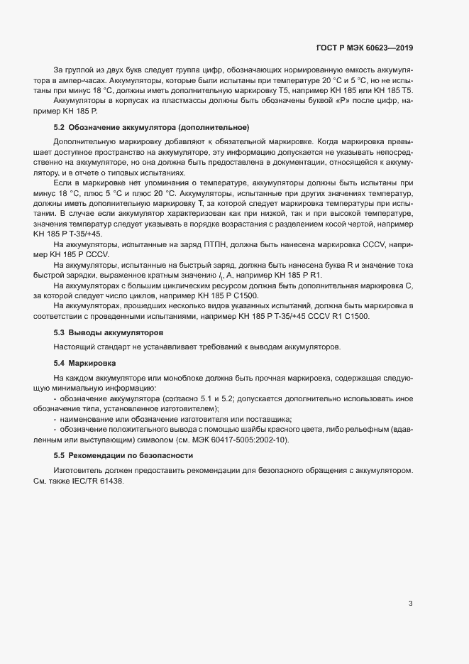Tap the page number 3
(x=410, y=604)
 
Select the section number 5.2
(x=60, y=127)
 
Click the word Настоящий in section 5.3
(x=71, y=347)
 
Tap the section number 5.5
(x=60, y=455)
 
